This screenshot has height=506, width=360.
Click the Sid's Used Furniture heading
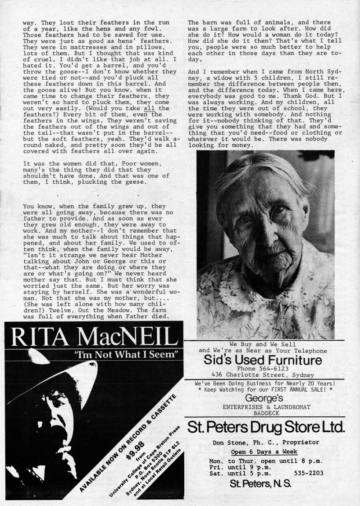(x=263, y=360)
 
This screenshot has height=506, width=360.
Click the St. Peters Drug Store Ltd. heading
(x=266, y=426)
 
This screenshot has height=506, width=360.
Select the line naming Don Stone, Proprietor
(x=266, y=442)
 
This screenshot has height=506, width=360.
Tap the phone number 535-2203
(x=309, y=473)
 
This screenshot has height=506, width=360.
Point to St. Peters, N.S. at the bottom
(x=260, y=484)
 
